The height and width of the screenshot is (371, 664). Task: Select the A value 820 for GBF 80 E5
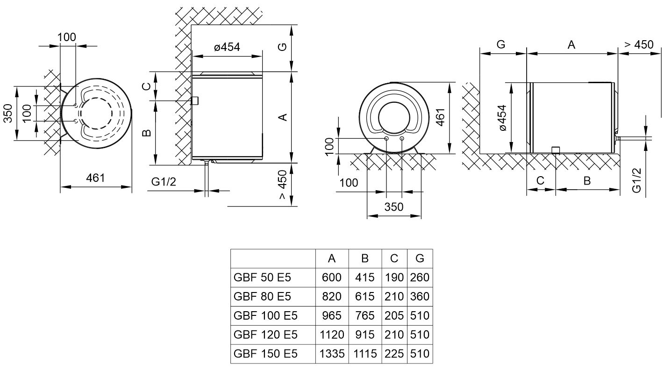tap(332, 297)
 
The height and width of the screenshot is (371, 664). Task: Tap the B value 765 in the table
tap(365, 316)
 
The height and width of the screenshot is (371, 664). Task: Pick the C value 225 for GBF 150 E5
tap(394, 354)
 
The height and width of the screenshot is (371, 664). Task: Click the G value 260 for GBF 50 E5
tap(419, 278)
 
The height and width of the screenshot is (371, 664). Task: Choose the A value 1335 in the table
tap(332, 354)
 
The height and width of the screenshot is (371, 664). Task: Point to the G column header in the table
tap(419, 258)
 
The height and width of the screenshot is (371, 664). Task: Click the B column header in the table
tap(365, 258)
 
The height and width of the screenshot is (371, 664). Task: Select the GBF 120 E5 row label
tap(265, 335)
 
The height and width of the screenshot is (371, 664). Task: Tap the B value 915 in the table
tap(365, 335)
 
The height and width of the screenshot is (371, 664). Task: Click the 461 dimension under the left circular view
tap(95, 178)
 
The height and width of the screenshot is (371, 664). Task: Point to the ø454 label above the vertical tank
tap(227, 47)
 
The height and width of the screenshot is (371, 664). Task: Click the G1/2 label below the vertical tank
tap(164, 182)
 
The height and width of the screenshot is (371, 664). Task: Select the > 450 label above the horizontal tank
tap(638, 44)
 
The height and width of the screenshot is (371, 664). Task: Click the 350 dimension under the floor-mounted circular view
tap(393, 207)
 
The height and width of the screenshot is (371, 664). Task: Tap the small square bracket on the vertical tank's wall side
tap(195, 101)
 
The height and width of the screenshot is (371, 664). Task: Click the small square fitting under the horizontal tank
tap(556, 150)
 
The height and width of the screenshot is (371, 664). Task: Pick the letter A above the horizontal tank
tap(571, 45)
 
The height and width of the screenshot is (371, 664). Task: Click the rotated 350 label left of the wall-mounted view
tap(8, 114)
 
